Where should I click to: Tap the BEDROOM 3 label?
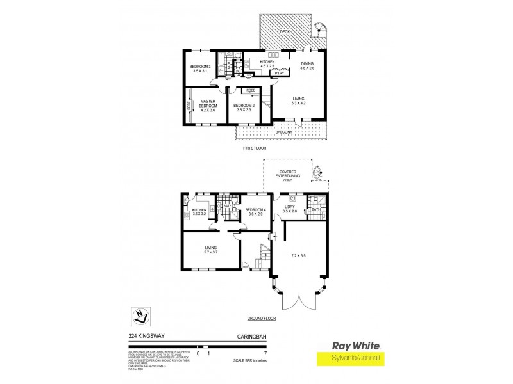point(200,67)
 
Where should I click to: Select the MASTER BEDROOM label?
point(207,103)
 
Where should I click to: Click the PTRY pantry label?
point(280,73)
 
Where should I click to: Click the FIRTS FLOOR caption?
point(255,148)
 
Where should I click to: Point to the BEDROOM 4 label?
point(255,209)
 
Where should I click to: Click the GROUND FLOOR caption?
point(262,318)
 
